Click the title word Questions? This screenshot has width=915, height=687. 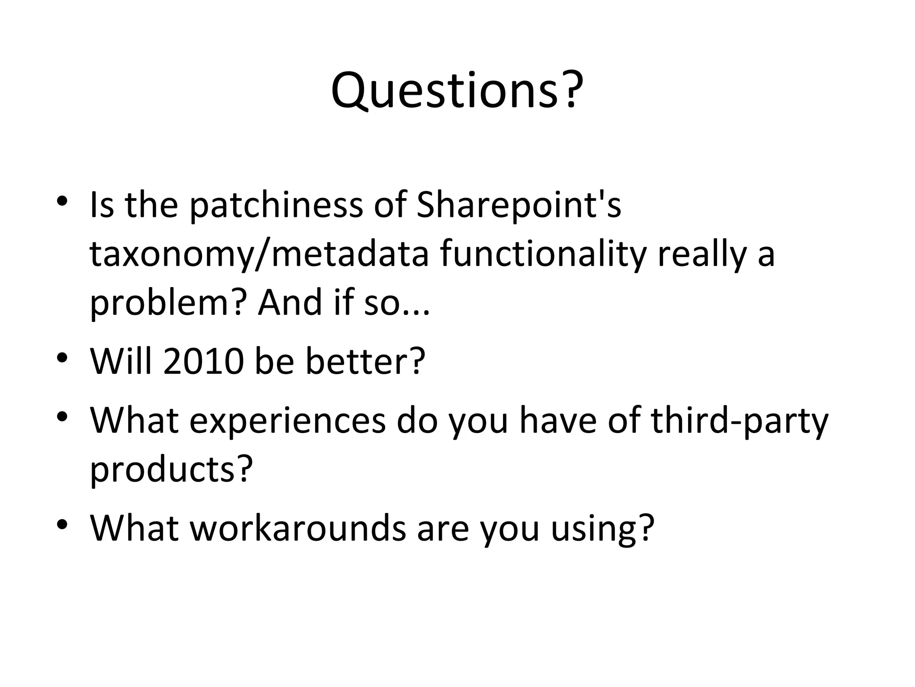click(457, 91)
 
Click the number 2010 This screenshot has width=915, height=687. click(204, 361)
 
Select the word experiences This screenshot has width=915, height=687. click(287, 421)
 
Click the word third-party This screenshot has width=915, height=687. click(739, 421)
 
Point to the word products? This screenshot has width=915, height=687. click(172, 470)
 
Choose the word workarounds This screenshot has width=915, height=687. click(298, 528)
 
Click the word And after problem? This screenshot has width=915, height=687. click(290, 302)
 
